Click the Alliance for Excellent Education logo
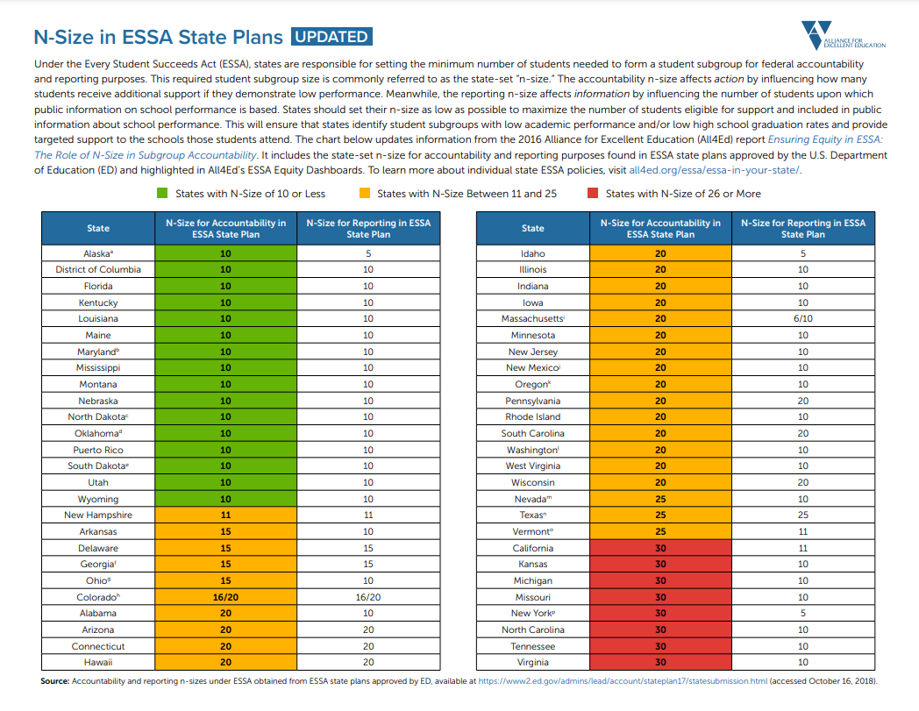click(843, 36)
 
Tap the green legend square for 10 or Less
click(162, 194)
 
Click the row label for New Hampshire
click(98, 515)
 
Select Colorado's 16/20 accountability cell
click(226, 597)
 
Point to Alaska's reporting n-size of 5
click(368, 253)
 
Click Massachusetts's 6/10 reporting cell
click(803, 318)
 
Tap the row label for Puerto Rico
click(98, 450)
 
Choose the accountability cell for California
click(660, 548)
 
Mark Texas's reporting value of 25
click(803, 515)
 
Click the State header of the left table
click(98, 228)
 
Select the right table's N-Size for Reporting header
click(803, 228)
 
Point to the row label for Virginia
click(533, 662)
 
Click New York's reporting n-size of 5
click(803, 613)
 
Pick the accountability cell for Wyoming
click(226, 499)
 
